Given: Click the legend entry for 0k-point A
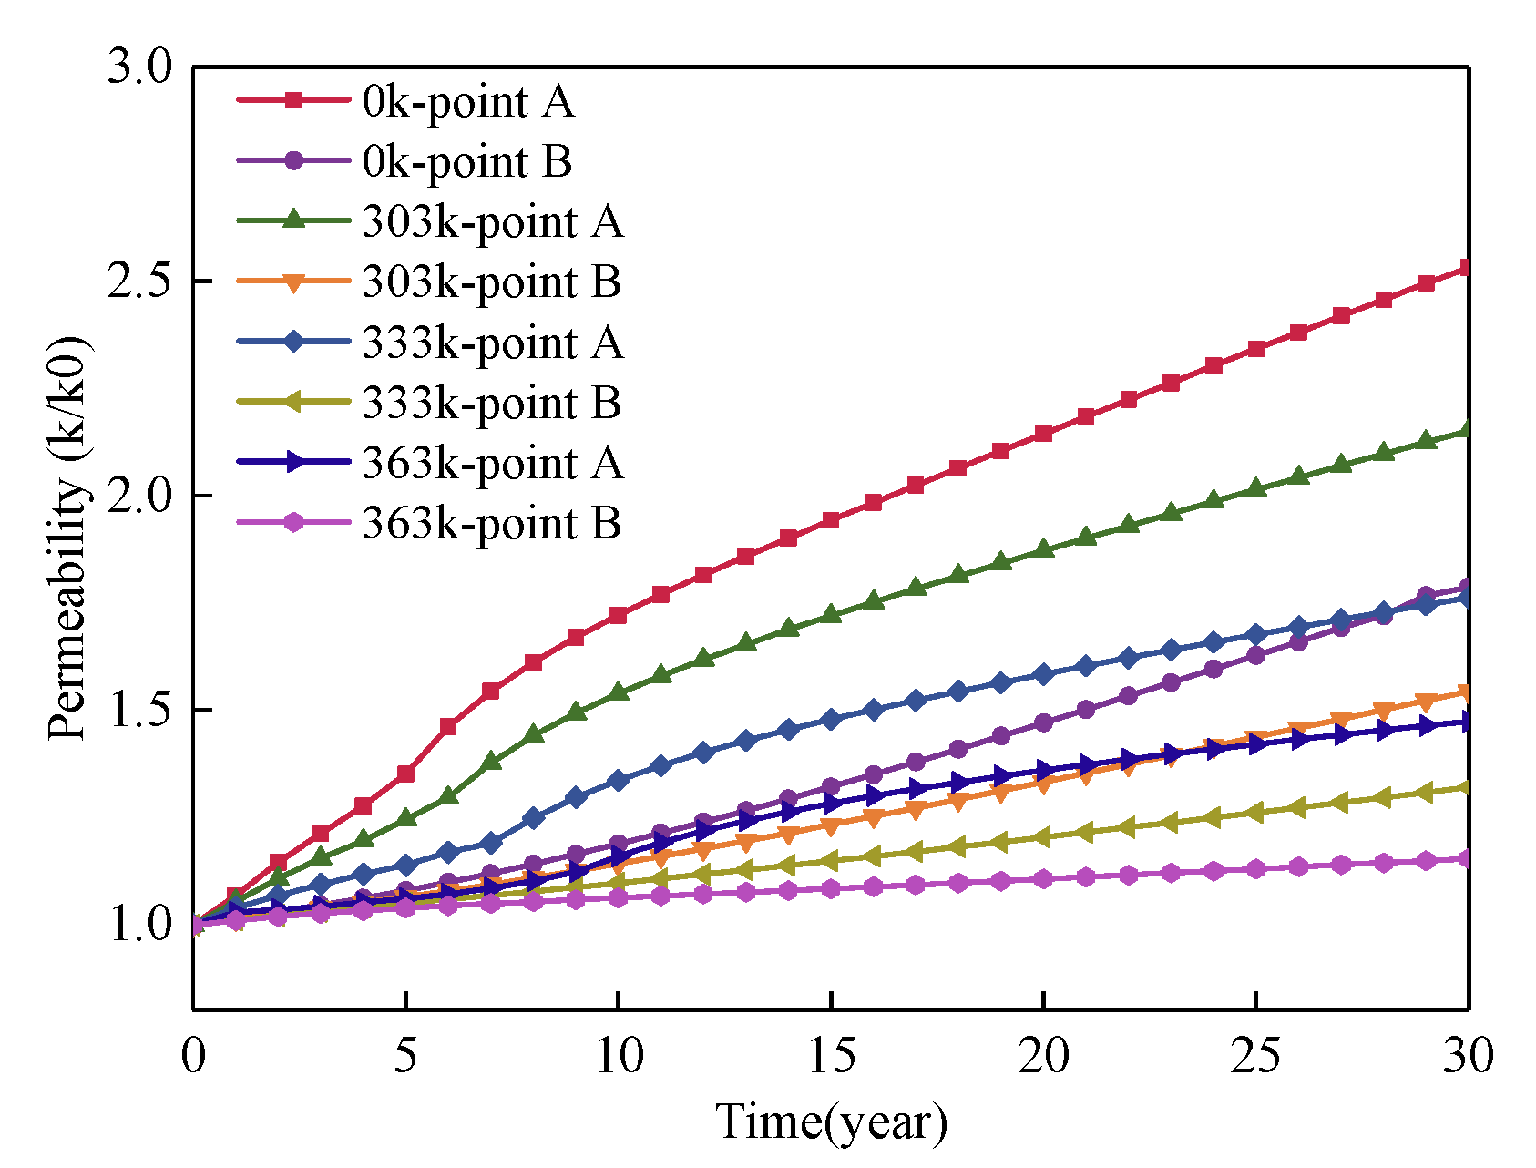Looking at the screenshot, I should (468, 102).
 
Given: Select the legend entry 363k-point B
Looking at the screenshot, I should (492, 524).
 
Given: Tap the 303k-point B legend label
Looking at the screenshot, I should (492, 282).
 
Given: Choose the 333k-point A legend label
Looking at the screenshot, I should (493, 343).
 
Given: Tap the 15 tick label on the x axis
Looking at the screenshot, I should (830, 1057).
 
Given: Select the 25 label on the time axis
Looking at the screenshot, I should (1255, 1057).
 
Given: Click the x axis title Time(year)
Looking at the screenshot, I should (830, 1122).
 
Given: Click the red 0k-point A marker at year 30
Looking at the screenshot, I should (1468, 268).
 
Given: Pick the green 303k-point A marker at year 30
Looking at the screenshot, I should (1468, 429).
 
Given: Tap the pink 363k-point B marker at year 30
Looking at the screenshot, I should (1468, 858).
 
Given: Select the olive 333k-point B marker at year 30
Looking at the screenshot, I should (1468, 787).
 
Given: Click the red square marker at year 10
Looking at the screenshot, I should (618, 616).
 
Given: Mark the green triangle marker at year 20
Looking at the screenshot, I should (1043, 549).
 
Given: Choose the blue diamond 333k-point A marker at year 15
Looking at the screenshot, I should (830, 720).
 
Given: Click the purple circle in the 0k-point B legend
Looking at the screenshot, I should (293, 160).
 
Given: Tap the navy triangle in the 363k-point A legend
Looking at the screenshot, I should (293, 462).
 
